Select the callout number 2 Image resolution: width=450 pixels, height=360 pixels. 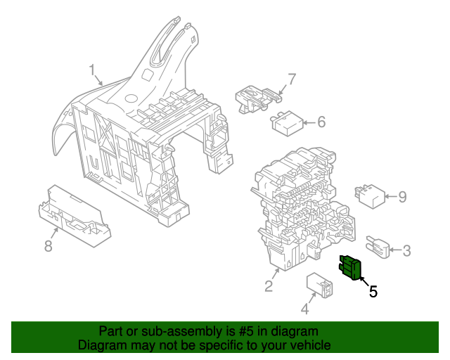268,285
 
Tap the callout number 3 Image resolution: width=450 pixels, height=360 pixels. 407,250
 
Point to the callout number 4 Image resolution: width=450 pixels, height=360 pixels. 304,308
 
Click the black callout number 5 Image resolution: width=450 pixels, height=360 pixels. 373,291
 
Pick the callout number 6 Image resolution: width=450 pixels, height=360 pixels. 321,122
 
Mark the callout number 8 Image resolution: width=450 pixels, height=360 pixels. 49,245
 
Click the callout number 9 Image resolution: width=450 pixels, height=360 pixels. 403,196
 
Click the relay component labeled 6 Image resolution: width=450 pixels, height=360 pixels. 287,124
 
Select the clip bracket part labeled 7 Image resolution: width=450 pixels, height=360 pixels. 254,97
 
